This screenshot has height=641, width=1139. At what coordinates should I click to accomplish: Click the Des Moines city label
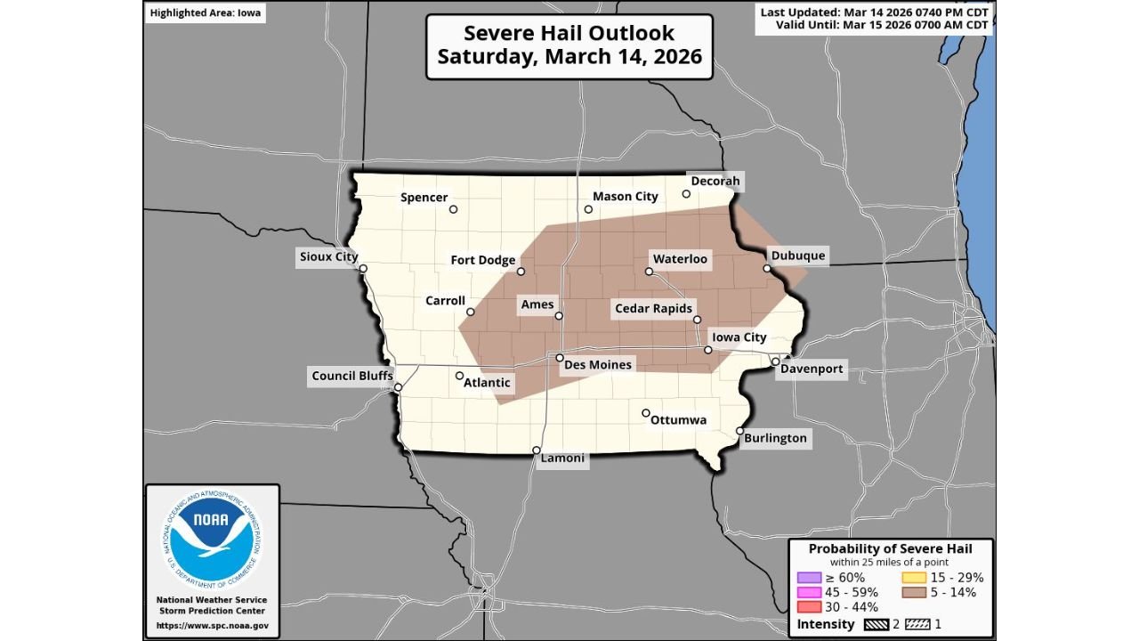[598, 365]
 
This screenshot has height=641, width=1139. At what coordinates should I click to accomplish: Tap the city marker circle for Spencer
[453, 210]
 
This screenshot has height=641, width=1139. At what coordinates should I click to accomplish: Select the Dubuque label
[798, 256]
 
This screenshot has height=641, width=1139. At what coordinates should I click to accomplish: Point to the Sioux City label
[328, 257]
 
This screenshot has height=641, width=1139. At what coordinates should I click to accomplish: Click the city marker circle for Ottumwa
[646, 413]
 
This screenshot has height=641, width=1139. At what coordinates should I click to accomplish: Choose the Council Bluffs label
[352, 376]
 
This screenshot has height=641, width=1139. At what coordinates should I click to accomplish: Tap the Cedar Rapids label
[653, 309]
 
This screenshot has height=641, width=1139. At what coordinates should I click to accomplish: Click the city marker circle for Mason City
[588, 210]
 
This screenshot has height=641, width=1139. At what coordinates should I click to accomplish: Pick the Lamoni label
[562, 458]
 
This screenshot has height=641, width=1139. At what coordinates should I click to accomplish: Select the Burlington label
[776, 438]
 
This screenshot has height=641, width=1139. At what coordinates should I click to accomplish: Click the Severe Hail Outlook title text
[569, 34]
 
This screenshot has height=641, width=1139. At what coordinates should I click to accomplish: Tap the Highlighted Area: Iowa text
[206, 13]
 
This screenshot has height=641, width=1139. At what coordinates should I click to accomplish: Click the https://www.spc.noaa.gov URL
[212, 626]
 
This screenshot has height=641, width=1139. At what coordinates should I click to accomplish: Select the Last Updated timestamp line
[873, 12]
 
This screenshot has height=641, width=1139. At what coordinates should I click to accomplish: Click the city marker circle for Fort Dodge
[521, 272]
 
